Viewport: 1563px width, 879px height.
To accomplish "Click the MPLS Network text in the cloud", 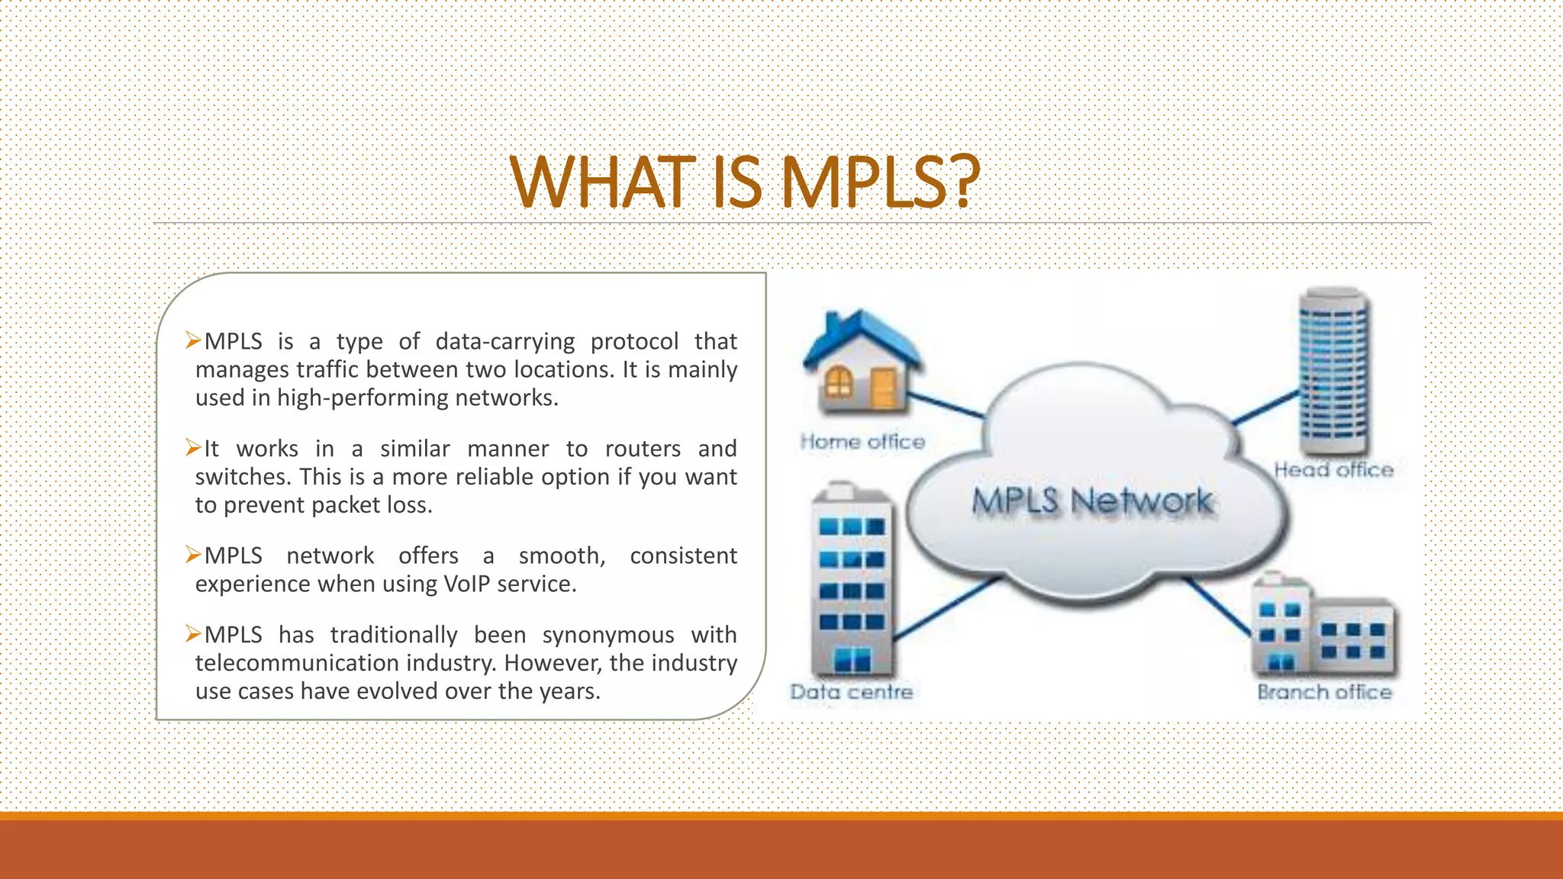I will tap(1092, 501).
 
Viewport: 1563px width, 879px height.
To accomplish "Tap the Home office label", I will tap(862, 442).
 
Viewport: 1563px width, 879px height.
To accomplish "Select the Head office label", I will tap(1333, 470).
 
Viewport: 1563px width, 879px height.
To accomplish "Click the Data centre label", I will tap(852, 692).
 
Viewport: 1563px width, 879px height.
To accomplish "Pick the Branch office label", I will tap(1324, 692).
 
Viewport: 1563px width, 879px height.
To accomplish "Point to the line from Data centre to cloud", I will tap(946, 608).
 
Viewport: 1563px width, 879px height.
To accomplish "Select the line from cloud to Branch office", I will tap(1218, 606).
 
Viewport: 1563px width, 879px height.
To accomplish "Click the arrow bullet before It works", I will tap(193, 448).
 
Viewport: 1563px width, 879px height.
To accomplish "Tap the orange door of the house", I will tap(884, 387).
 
